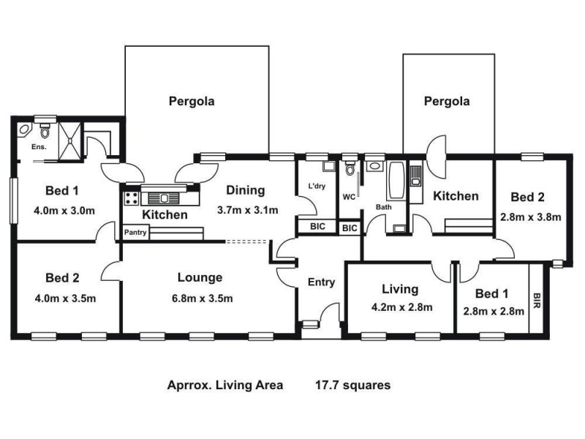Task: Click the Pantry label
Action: pyautogui.click(x=135, y=233)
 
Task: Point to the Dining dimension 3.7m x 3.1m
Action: pyautogui.click(x=247, y=211)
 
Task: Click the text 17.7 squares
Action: pyautogui.click(x=352, y=384)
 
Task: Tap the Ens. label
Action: pyautogui.click(x=38, y=147)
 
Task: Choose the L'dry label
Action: pyautogui.click(x=317, y=187)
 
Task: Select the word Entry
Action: pyautogui.click(x=321, y=282)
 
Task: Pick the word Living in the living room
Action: pyautogui.click(x=400, y=289)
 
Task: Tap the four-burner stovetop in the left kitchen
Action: pyautogui.click(x=132, y=198)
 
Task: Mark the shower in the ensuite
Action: pyautogui.click(x=72, y=138)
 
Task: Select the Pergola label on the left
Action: pyautogui.click(x=192, y=102)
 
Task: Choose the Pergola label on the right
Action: pyautogui.click(x=447, y=102)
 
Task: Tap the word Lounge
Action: pyautogui.click(x=200, y=277)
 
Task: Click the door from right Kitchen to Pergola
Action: pyautogui.click(x=437, y=156)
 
